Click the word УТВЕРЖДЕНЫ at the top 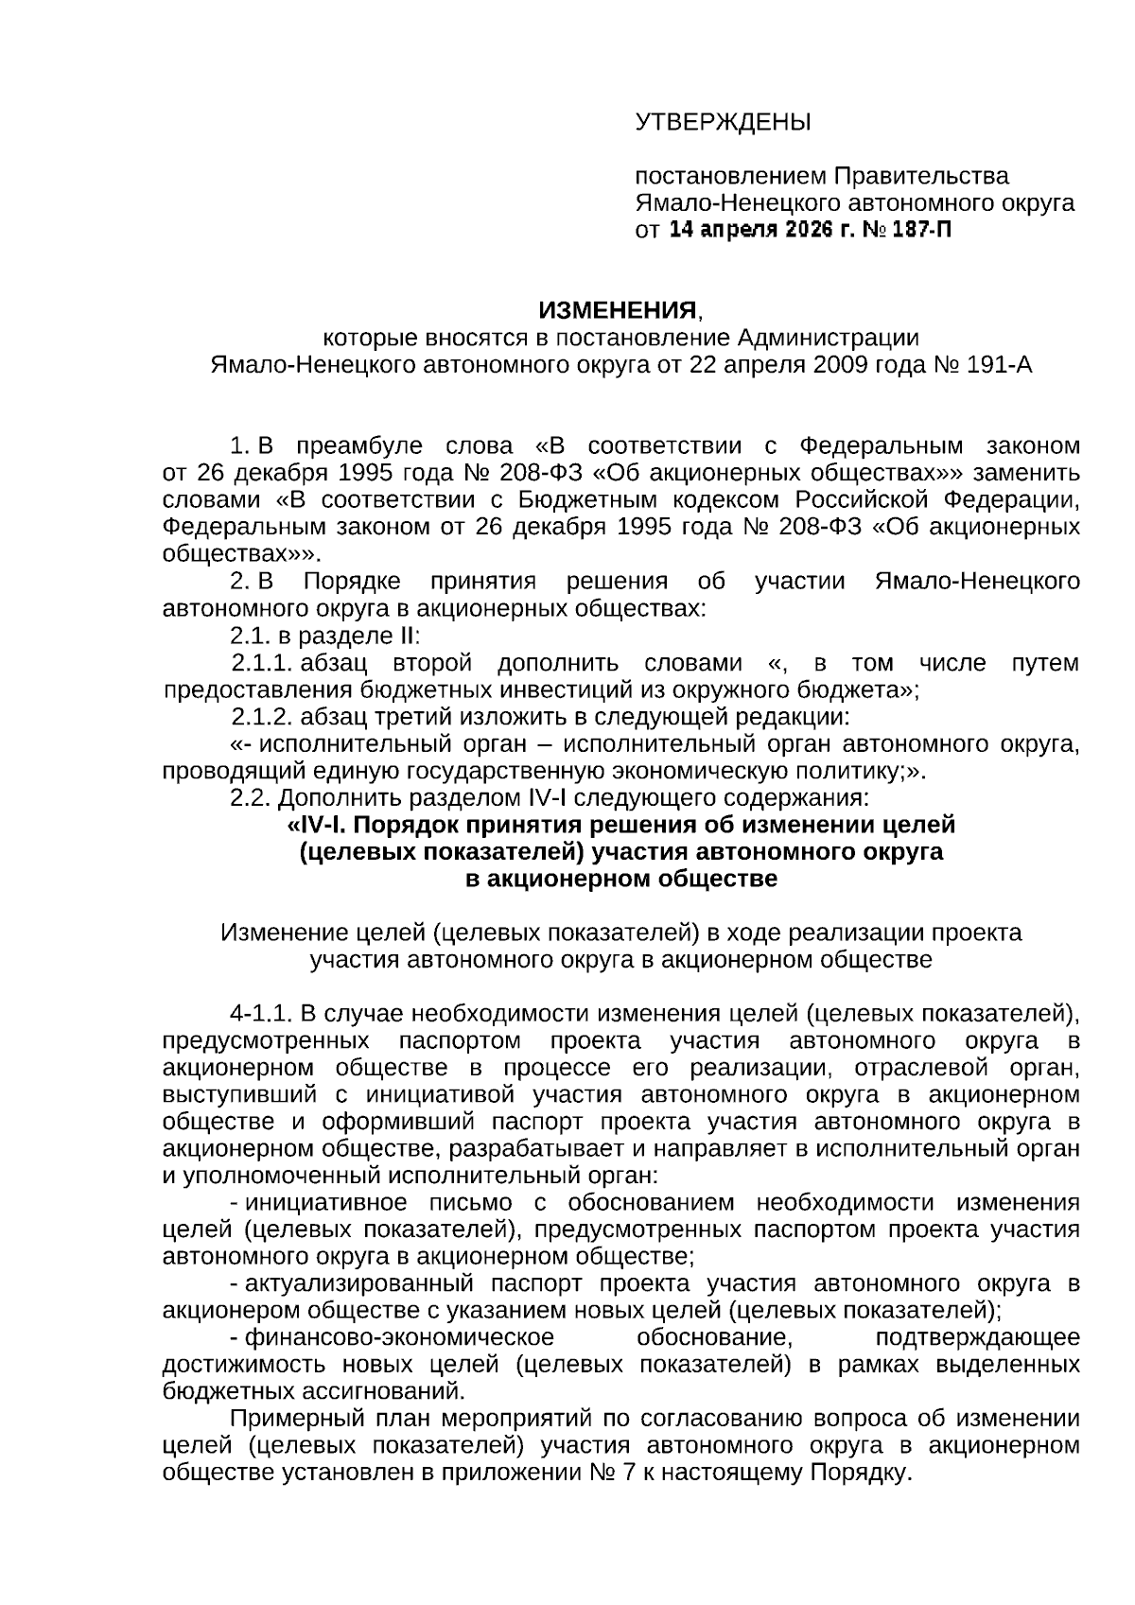(x=723, y=122)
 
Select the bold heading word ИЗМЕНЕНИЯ (x=618, y=310)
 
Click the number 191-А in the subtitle (x=998, y=365)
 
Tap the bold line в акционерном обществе (x=621, y=879)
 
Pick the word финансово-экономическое (x=398, y=1337)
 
